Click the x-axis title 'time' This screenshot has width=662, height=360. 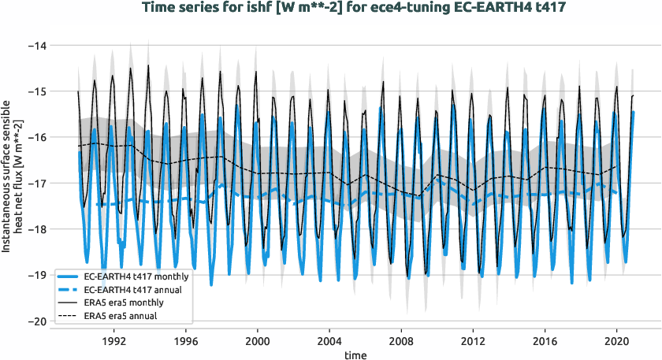(355, 355)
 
